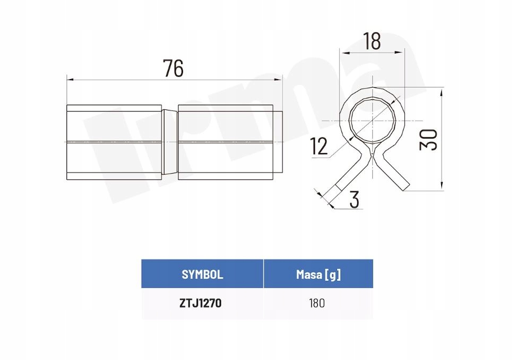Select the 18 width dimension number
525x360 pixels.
[x=372, y=41]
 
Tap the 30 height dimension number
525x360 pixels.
[x=429, y=140]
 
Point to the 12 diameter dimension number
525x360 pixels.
[x=319, y=146]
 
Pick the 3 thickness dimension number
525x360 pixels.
[x=354, y=199]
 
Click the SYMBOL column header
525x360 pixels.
[x=202, y=275]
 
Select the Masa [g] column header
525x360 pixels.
[x=319, y=275]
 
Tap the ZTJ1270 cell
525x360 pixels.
[x=200, y=303]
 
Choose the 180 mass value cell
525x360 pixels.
[x=317, y=303]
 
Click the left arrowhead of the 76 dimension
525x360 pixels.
[x=70, y=79]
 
